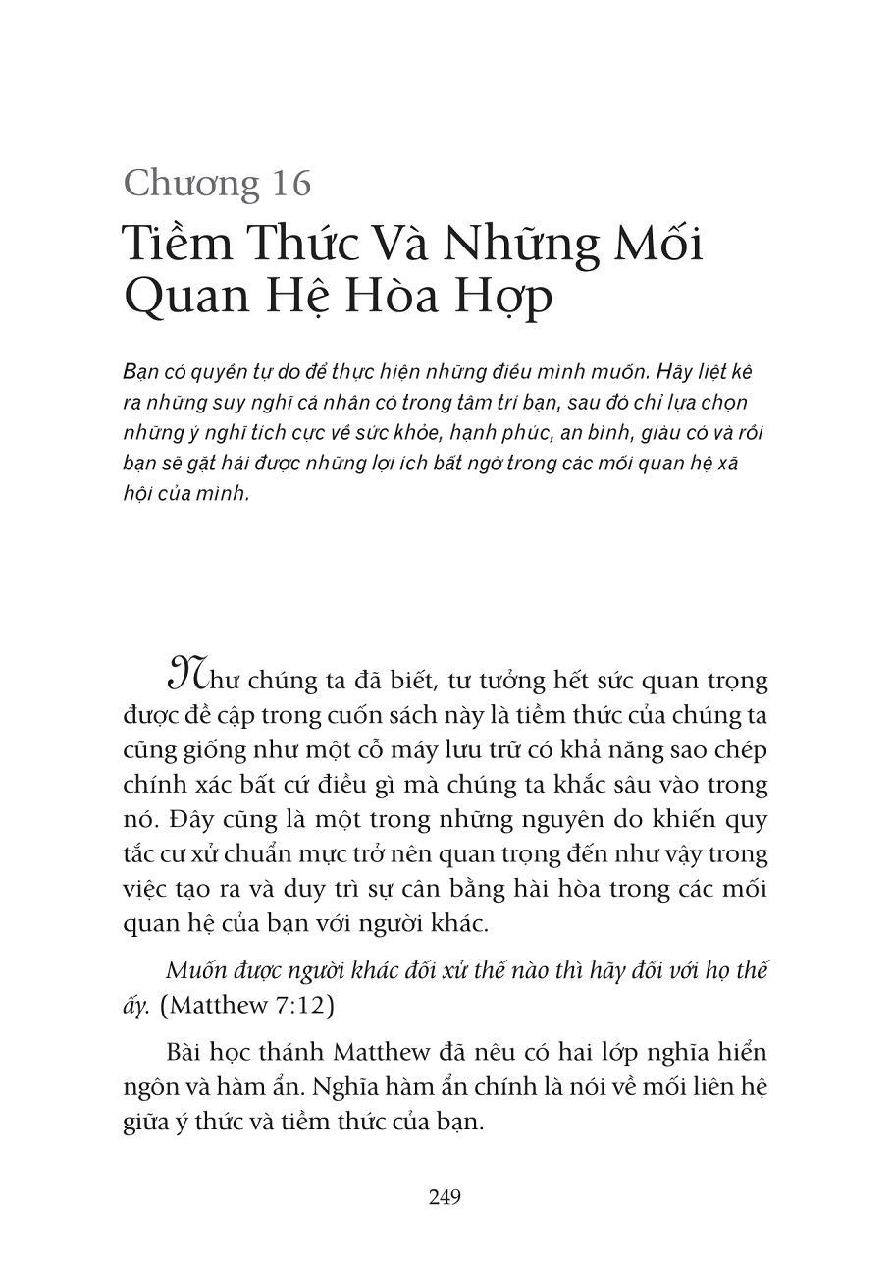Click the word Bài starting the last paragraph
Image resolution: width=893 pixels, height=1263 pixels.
click(184, 1053)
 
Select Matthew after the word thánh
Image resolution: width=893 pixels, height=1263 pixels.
click(381, 1053)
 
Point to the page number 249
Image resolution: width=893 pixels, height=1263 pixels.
click(445, 1197)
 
